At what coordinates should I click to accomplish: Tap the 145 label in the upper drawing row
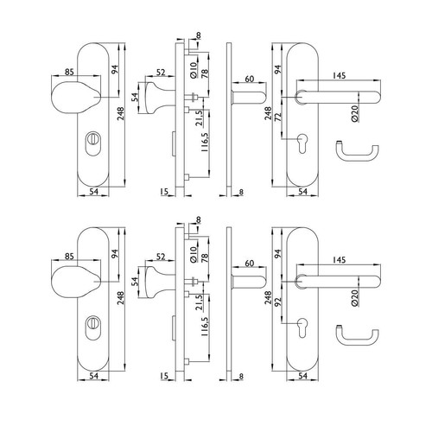tap(339, 75)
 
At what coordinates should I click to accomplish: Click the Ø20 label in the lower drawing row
tap(354, 298)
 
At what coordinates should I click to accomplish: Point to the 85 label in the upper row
tap(69, 72)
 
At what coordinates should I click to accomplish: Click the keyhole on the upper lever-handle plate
tap(302, 143)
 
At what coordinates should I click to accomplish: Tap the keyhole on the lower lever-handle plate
tap(302, 327)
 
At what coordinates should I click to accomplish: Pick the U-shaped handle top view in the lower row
tap(357, 336)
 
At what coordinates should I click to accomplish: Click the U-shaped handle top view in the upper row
tap(357, 151)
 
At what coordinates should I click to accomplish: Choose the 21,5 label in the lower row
tap(199, 302)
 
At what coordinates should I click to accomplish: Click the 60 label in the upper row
tap(250, 79)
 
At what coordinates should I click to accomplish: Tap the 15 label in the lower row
tap(164, 376)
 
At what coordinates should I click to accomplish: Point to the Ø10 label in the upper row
tap(194, 70)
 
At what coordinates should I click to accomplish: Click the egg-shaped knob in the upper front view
tap(76, 98)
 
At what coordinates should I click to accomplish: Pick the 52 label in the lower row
tap(161, 257)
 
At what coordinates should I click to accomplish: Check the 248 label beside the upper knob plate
tap(120, 114)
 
